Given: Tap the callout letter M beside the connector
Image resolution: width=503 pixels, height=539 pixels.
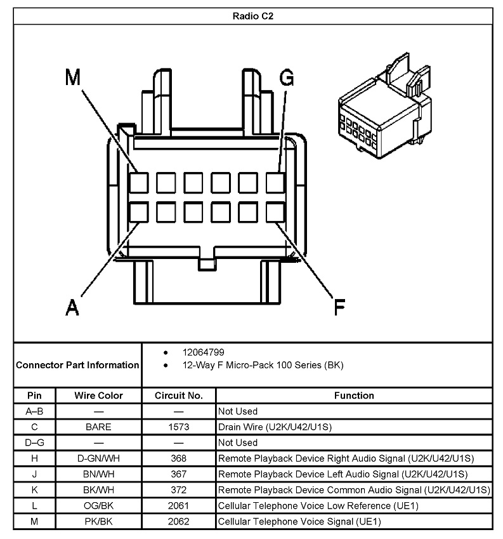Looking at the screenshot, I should [74, 77].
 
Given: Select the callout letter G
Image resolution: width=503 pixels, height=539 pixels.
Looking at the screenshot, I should [287, 78].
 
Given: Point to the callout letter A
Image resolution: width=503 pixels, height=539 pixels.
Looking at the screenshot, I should [73, 307].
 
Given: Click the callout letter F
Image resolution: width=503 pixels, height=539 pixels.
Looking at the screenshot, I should [339, 308].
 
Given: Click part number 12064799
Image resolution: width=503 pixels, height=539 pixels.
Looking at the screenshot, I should [204, 352].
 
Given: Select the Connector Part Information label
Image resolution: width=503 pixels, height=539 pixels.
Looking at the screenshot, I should [77, 365].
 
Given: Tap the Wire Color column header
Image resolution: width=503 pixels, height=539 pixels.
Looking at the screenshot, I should [98, 396].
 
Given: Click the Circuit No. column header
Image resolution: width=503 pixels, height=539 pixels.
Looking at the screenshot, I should [179, 396].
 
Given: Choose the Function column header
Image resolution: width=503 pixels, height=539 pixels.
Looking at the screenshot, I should [354, 396].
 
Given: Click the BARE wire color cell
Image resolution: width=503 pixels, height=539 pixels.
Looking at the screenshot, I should [98, 427].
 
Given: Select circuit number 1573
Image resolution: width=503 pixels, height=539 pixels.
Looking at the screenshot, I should [179, 427].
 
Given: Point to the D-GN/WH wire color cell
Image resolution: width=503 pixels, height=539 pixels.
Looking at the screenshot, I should [98, 458].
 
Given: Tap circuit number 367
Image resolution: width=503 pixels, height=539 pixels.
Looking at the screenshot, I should [179, 474].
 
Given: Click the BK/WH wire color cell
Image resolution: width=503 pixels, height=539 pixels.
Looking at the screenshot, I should [98, 490].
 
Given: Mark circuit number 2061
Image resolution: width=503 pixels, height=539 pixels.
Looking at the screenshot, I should [179, 506].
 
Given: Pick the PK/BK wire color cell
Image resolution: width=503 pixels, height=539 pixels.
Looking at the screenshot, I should [98, 522].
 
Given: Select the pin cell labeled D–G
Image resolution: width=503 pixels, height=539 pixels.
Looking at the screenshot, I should [34, 443].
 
